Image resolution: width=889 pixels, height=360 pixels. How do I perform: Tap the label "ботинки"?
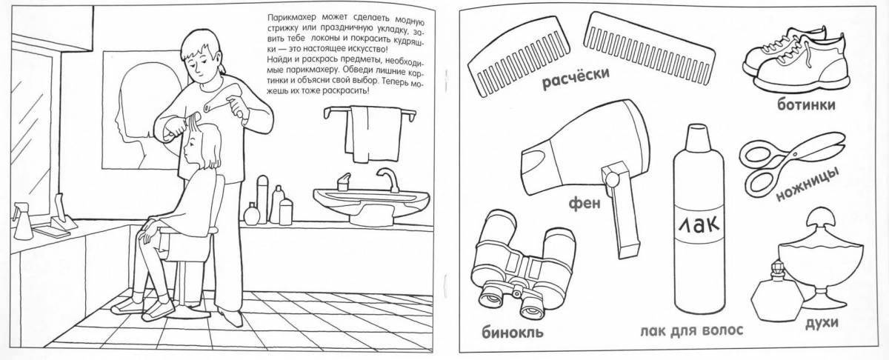(806, 105)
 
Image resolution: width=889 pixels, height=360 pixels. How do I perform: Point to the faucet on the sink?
(387, 178)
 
